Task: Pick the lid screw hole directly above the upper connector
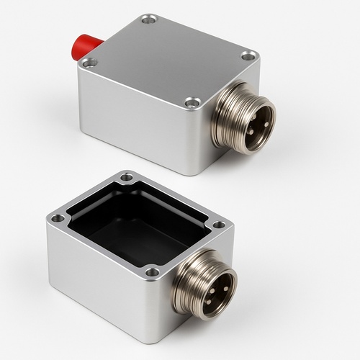tap(248, 55)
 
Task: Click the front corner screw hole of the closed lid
tap(191, 103)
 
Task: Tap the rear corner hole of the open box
tap(127, 176)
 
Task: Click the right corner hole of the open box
tap(218, 225)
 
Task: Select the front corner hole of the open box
tap(151, 272)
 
